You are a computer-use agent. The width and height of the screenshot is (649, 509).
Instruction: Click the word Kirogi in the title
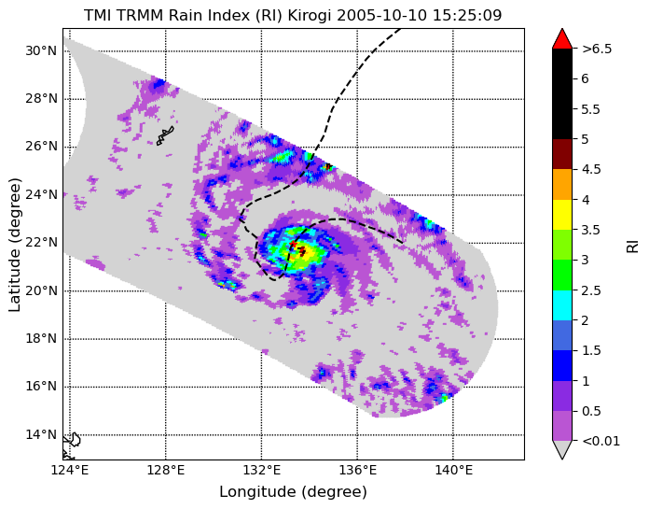coord(310,15)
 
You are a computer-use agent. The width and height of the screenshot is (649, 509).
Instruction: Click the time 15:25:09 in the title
coord(467,15)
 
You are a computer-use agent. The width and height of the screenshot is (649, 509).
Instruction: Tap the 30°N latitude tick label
coord(41,51)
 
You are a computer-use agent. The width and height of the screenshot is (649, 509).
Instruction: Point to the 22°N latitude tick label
coord(41,243)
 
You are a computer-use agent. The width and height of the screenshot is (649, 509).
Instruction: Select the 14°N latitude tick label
coord(41,435)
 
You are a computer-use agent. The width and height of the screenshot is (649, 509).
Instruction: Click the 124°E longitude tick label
coord(70,471)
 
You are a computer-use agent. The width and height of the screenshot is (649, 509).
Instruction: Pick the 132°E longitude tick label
coord(261,471)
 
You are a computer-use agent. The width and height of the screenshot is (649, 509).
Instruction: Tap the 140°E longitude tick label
coord(453,471)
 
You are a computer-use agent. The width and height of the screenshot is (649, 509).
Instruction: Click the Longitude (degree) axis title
coord(293,492)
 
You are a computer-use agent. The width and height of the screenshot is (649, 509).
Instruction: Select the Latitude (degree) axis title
coord(15,245)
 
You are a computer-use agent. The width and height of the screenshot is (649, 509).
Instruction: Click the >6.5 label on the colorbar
coord(597,49)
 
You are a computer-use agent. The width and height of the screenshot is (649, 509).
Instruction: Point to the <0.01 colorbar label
coord(601,441)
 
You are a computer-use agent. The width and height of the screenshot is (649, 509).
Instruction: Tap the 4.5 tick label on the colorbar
coord(591,170)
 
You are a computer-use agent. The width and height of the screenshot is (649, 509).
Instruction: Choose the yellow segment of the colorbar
coord(562,215)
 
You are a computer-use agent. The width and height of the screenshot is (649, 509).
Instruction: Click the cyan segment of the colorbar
coord(562,305)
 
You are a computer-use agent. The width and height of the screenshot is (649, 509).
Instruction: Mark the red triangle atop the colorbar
coord(562,40)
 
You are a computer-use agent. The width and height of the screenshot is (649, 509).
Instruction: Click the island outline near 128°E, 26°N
coord(165,135)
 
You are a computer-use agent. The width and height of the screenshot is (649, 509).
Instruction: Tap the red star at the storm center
coord(293,244)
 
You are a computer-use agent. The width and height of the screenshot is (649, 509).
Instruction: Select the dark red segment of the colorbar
coord(562,154)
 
